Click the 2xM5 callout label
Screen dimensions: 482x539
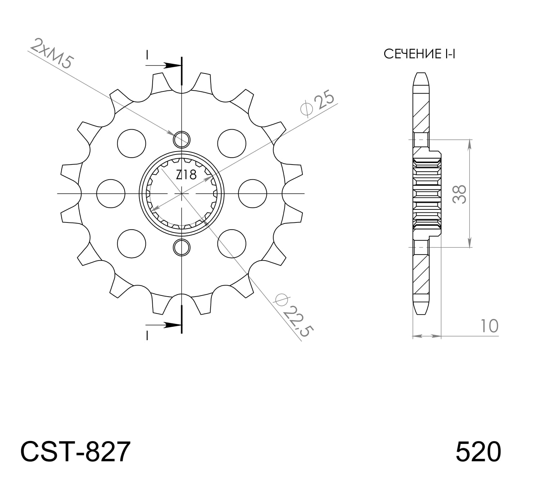click(x=52, y=53)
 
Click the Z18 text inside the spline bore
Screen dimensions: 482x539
click(x=186, y=175)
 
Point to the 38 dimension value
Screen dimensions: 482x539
click(x=459, y=194)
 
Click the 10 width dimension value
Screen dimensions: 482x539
click(x=489, y=326)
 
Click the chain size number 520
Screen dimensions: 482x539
click(x=478, y=452)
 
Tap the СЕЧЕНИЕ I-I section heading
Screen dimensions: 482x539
click(x=419, y=54)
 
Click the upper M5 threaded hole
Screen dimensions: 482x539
click(x=181, y=139)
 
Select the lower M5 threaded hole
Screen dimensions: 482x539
click(x=181, y=247)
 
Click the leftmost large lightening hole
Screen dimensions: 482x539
click(x=111, y=194)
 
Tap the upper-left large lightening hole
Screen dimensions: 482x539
click(x=132, y=144)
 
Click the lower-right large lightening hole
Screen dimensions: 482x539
click(x=232, y=243)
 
